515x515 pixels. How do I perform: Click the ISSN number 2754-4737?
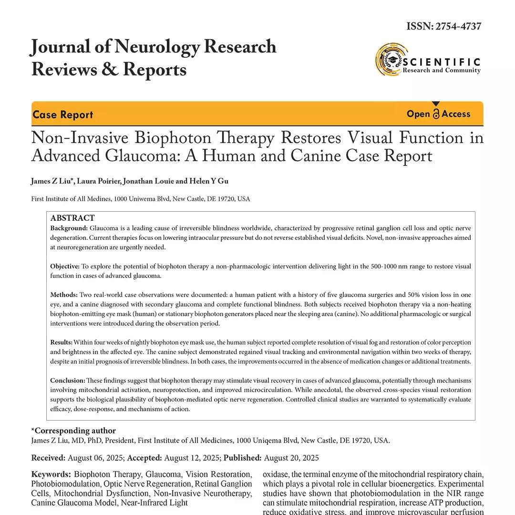(457, 26)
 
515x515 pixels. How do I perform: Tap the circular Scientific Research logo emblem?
(389, 60)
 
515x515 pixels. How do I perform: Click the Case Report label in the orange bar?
(63, 115)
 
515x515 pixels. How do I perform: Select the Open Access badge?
(438, 114)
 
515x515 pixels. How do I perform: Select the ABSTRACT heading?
(72, 218)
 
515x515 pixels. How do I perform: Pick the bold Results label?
(62, 342)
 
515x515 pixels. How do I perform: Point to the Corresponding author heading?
(73, 431)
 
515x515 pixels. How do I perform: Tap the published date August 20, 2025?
(291, 458)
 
